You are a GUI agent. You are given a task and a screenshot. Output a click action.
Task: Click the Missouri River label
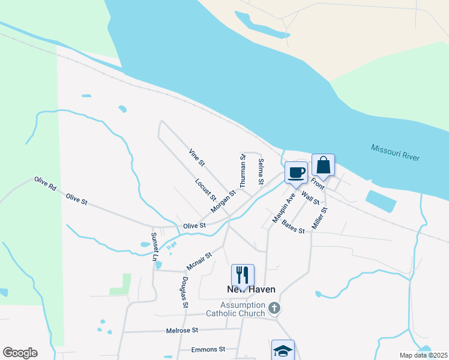click(x=394, y=152)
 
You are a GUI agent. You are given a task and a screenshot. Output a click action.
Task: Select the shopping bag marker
click(x=323, y=165)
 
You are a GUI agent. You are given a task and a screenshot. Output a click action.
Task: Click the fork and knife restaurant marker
click(x=243, y=275)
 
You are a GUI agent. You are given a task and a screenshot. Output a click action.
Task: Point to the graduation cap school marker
click(x=283, y=350)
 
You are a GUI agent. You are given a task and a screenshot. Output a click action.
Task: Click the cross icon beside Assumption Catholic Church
click(x=274, y=308)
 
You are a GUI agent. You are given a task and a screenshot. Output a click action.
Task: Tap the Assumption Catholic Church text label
click(x=235, y=309)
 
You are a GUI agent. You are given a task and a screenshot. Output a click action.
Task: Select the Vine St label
click(x=197, y=157)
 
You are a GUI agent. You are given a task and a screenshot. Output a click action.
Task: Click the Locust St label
click(x=205, y=188)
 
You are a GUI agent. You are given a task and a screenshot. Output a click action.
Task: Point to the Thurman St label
click(x=243, y=172)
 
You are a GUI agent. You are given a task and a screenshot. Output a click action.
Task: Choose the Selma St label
click(x=261, y=171)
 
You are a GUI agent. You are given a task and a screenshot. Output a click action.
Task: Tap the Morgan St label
click(x=223, y=202)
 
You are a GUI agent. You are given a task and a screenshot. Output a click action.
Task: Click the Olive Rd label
click(x=45, y=184)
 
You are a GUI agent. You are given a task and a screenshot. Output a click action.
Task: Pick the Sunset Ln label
click(x=155, y=247)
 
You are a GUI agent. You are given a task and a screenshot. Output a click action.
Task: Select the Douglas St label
click(x=185, y=292)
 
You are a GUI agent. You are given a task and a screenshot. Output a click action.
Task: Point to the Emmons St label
click(x=208, y=349)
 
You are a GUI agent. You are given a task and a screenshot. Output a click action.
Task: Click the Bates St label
click(x=293, y=228)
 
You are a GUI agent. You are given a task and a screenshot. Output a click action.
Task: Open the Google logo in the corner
click(x=20, y=353)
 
